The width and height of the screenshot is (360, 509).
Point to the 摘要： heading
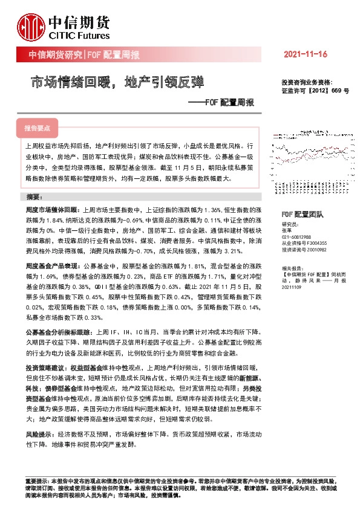click(x=34, y=198)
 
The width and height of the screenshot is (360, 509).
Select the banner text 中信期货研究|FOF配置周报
click(x=84, y=55)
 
